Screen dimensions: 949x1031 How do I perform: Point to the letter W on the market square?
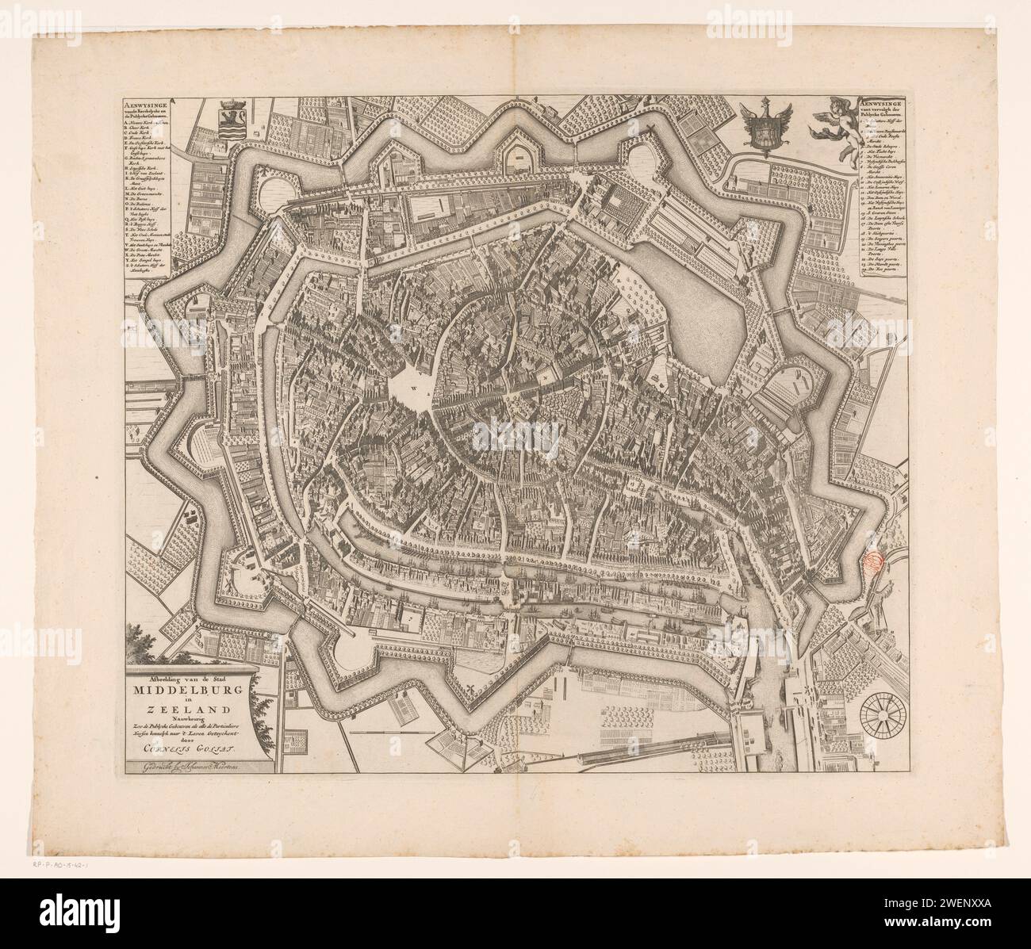413,388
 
